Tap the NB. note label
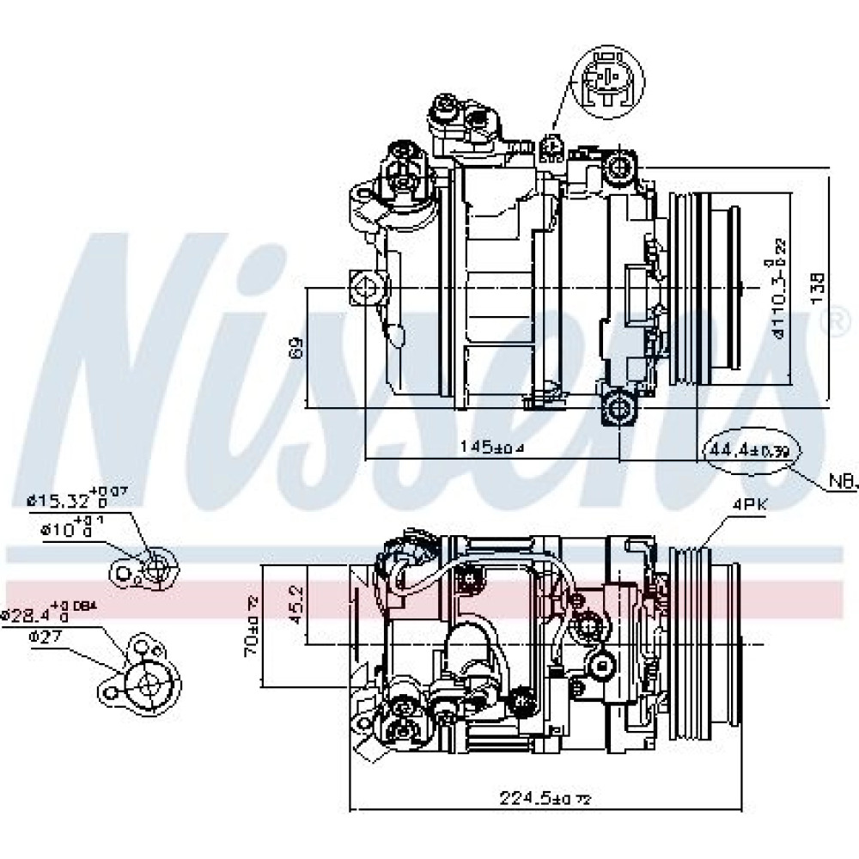pyautogui.click(x=842, y=485)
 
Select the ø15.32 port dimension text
pyautogui.click(x=79, y=496)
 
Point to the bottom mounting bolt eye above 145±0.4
pyautogui.click(x=618, y=405)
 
